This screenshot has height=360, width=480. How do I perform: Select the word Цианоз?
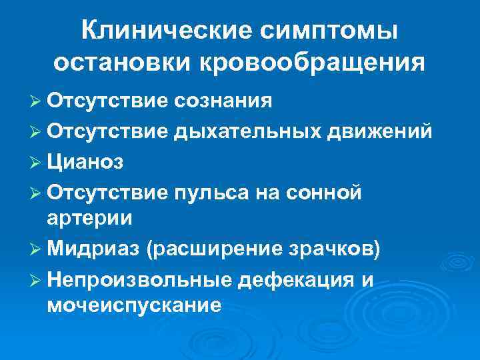(x=86, y=161)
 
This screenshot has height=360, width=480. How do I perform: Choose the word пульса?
(x=211, y=192)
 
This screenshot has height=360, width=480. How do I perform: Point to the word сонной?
(x=326, y=192)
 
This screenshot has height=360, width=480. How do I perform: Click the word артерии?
(x=90, y=219)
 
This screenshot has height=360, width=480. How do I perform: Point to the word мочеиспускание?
(x=134, y=307)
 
